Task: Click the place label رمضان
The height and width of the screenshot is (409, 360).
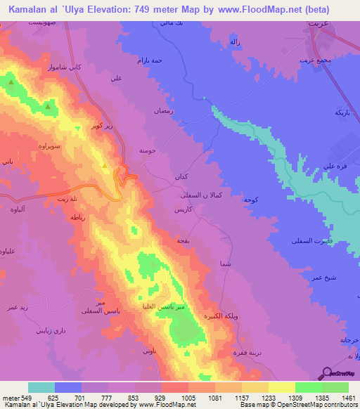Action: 163,111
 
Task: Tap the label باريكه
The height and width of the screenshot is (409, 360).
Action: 342,112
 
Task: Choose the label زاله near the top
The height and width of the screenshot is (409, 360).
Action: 236,42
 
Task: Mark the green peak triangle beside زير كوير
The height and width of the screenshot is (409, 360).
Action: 105,167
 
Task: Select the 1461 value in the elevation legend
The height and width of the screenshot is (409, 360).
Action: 349,397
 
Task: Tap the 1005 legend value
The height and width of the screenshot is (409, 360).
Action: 188,397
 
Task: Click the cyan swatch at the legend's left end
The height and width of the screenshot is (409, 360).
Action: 41,387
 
